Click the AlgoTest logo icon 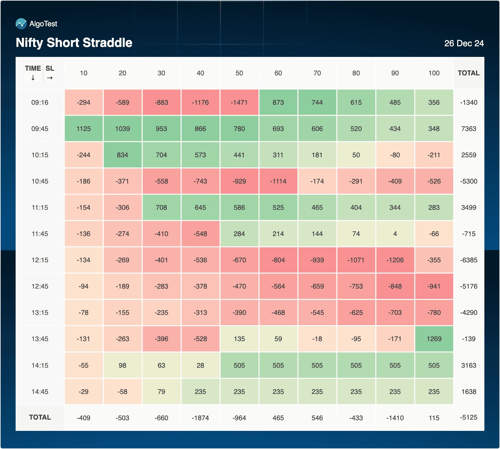pyautogui.click(x=21, y=24)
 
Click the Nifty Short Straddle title pyautogui.click(x=74, y=43)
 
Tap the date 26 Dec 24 pyautogui.click(x=464, y=43)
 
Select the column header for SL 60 pyautogui.click(x=278, y=73)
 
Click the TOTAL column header pyautogui.click(x=468, y=73)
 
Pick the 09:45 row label pyautogui.click(x=40, y=129)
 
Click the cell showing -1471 pyautogui.click(x=239, y=103)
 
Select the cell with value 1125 pyautogui.click(x=83, y=129)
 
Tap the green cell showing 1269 pyautogui.click(x=434, y=339)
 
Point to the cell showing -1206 pyautogui.click(x=395, y=260)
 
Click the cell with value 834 pyautogui.click(x=122, y=155)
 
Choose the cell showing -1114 pyautogui.click(x=278, y=181)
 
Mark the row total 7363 pyautogui.click(x=468, y=129)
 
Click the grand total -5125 pyautogui.click(x=468, y=417)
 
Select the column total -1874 pyautogui.click(x=200, y=418)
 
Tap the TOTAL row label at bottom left pyautogui.click(x=40, y=417)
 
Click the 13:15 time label pyautogui.click(x=40, y=313)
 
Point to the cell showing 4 pyautogui.click(x=395, y=234)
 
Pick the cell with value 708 pyautogui.click(x=161, y=208)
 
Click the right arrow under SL pyautogui.click(x=50, y=78)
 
